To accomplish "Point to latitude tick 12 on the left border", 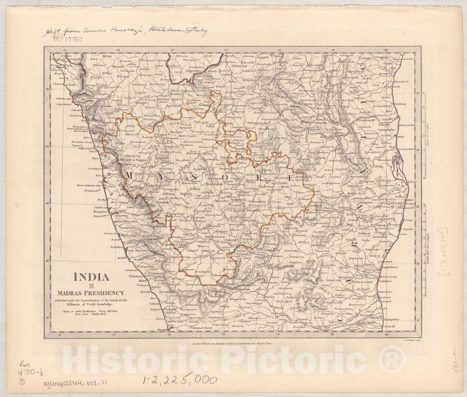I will click(x=47, y=262).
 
